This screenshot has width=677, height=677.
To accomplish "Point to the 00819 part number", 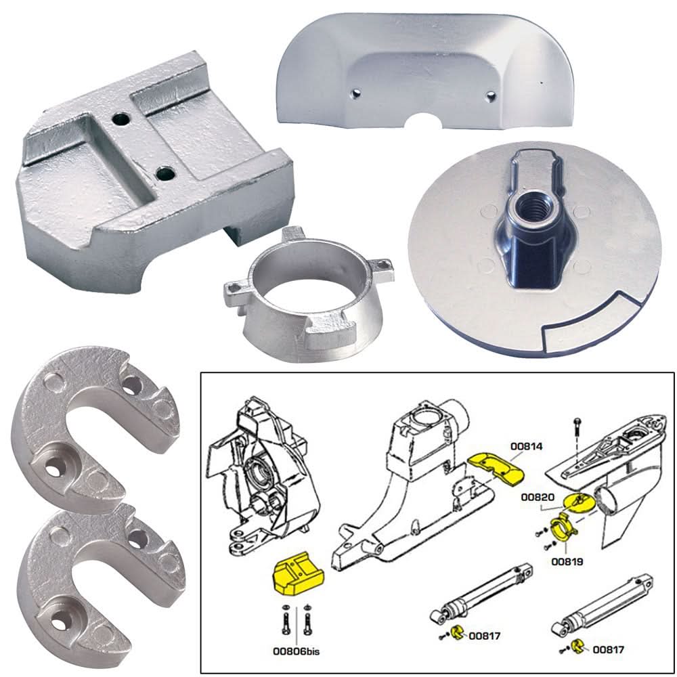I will pos(567,561).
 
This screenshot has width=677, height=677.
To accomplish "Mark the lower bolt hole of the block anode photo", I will pos(164,175).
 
